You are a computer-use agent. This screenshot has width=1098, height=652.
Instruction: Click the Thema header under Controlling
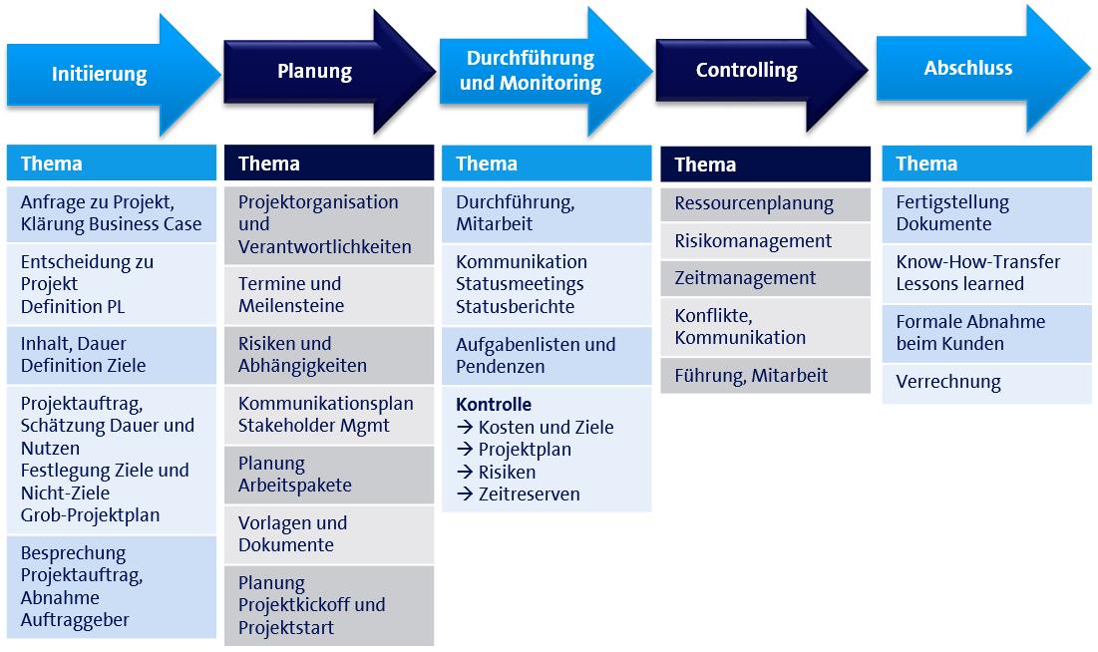(x=765, y=164)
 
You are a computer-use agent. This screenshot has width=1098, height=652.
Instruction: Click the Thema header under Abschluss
(x=986, y=163)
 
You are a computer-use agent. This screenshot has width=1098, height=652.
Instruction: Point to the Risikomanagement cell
(x=765, y=241)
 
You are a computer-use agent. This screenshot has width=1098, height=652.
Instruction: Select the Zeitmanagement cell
(x=765, y=278)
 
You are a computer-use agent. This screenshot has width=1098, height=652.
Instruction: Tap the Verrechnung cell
(x=986, y=383)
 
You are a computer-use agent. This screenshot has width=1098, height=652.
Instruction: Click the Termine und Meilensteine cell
(x=329, y=295)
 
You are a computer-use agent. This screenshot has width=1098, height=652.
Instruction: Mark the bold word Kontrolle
(x=494, y=404)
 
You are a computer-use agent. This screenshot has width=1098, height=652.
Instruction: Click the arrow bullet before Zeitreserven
(x=465, y=493)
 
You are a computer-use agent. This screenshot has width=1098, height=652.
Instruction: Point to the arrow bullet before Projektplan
(x=465, y=449)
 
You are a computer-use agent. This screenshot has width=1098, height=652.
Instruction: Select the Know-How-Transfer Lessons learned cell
(x=986, y=274)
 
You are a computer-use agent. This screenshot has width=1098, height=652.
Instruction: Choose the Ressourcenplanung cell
(x=765, y=203)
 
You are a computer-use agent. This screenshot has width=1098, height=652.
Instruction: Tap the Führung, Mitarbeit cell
(x=765, y=376)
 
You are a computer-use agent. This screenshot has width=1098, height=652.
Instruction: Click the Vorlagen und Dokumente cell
(x=329, y=534)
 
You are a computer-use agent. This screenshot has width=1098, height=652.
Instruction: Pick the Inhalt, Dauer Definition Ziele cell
(x=112, y=355)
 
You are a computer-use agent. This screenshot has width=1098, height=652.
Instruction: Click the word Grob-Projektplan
(x=91, y=515)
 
